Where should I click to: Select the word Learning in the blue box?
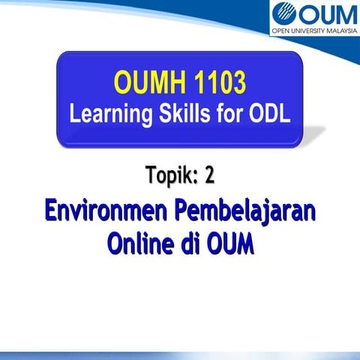tap(109, 113)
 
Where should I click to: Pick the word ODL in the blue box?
tap(268, 113)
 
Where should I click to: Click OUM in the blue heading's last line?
tap(232, 244)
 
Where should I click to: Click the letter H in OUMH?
tap(175, 82)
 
